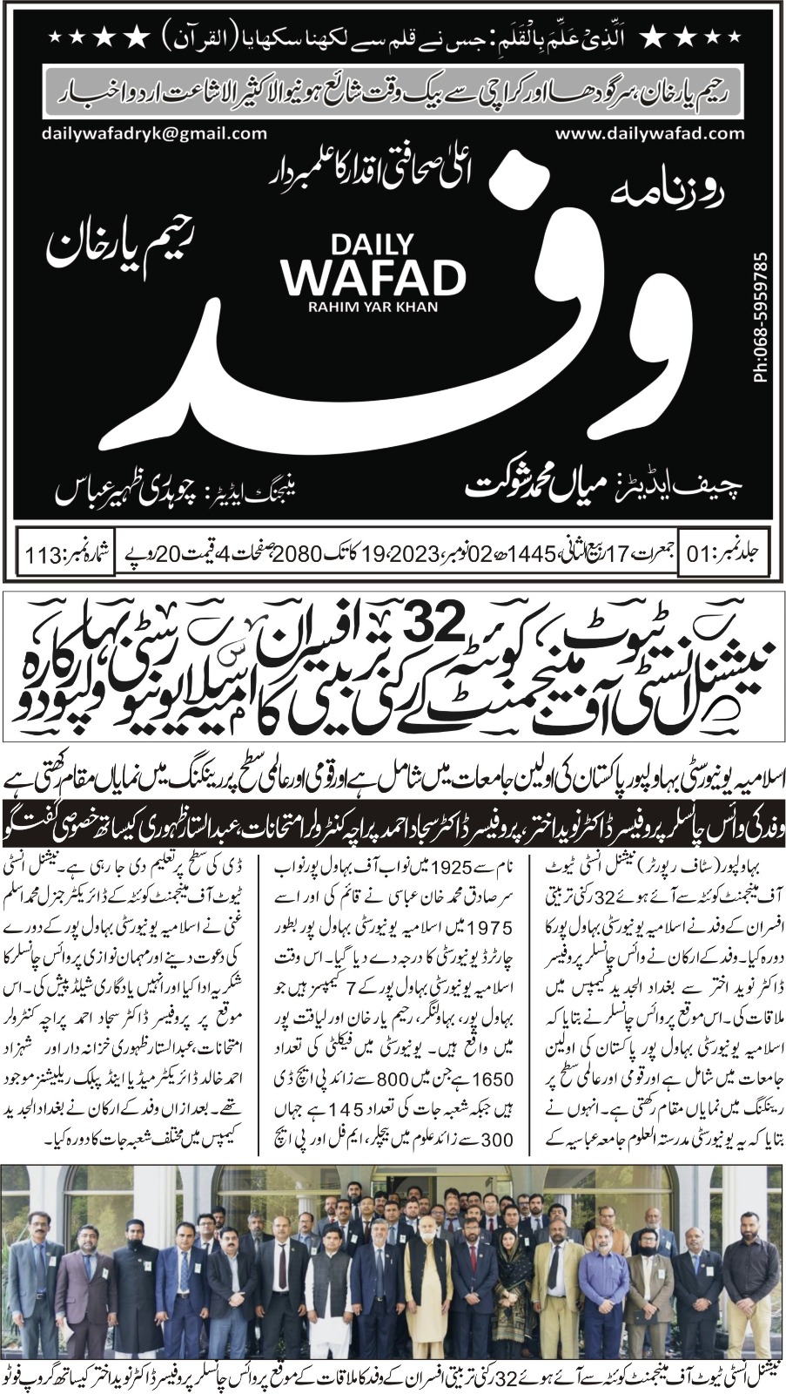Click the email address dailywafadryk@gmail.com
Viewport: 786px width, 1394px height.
pyautogui.click(x=153, y=133)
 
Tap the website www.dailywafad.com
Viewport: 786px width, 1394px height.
pyautogui.click(x=649, y=133)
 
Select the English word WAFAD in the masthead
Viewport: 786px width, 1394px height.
pyautogui.click(x=373, y=277)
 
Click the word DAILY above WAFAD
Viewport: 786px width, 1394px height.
pyautogui.click(x=373, y=243)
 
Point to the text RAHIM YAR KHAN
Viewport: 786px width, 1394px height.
pyautogui.click(x=373, y=306)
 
